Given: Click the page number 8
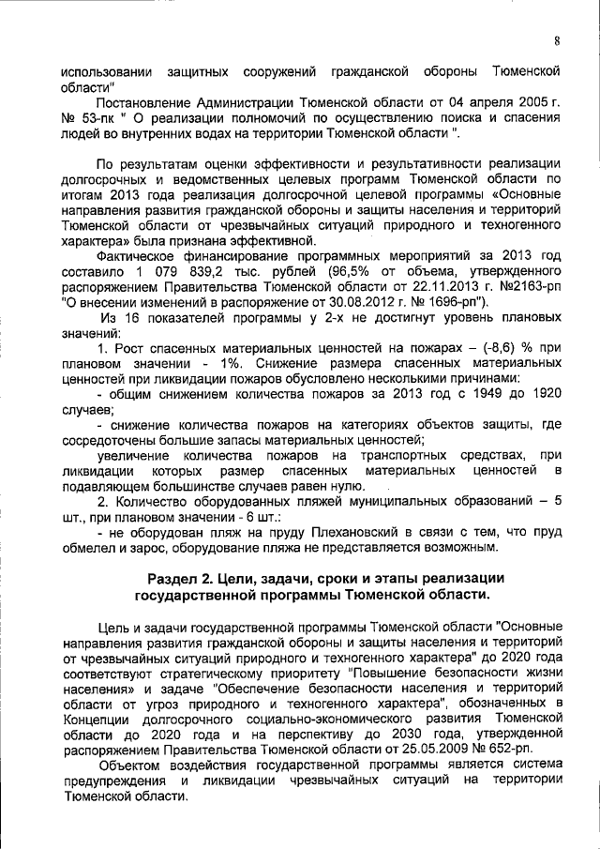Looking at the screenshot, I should (556, 40).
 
